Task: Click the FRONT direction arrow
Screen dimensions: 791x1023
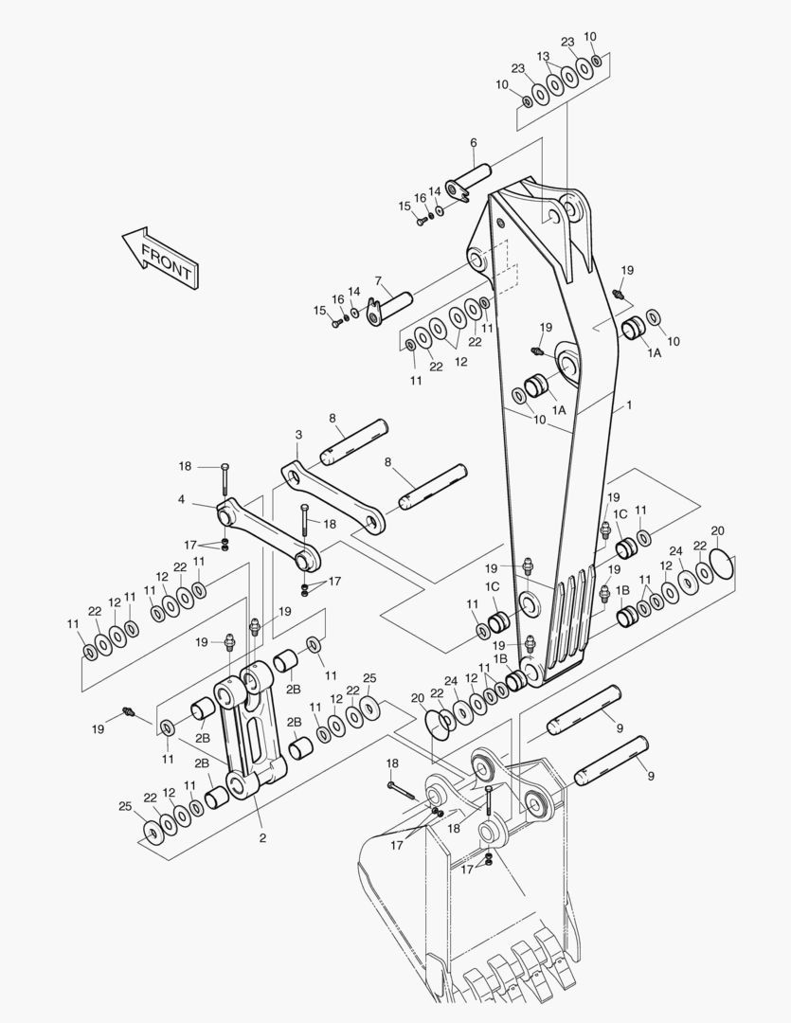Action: point(160,257)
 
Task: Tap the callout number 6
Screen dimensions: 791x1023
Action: point(473,142)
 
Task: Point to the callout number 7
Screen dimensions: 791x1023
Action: point(378,280)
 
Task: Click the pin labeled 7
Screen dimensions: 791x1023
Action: point(389,307)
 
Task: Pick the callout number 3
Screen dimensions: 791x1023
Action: point(299,435)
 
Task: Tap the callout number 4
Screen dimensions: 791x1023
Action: point(182,500)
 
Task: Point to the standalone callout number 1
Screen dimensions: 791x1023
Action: point(629,405)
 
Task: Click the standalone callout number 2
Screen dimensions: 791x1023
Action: point(262,838)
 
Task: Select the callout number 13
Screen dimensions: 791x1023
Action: point(543,57)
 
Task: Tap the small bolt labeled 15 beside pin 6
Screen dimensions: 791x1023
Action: point(421,221)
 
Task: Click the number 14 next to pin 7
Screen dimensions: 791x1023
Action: point(353,292)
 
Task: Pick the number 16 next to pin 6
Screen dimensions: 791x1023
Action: point(421,197)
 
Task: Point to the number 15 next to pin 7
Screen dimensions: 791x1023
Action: point(319,311)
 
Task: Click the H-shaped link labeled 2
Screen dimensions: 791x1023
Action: point(251,728)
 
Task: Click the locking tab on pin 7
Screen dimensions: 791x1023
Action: point(374,312)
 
